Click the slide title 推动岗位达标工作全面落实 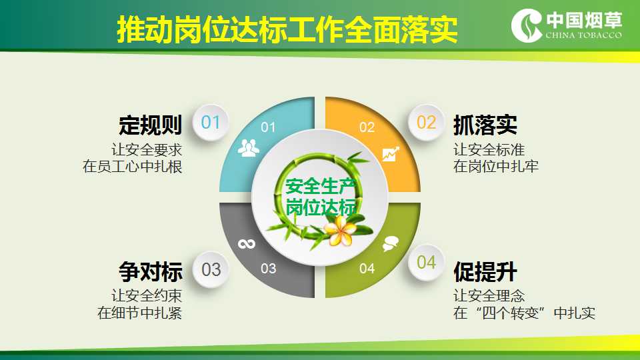pyautogui.click(x=287, y=29)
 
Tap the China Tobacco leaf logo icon pyautogui.click(x=527, y=25)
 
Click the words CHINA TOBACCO pyautogui.click(x=584, y=35)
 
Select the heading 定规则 pyautogui.click(x=150, y=125)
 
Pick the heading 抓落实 pyautogui.click(x=485, y=125)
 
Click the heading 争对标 pyautogui.click(x=150, y=271)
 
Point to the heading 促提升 pyautogui.click(x=485, y=271)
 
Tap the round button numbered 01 pyautogui.click(x=210, y=123)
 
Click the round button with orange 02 pyautogui.click(x=426, y=123)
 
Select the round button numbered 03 pyautogui.click(x=211, y=269)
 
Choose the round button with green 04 pyautogui.click(x=426, y=263)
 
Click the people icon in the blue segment pyautogui.click(x=248, y=148)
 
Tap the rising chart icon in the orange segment pyautogui.click(x=391, y=154)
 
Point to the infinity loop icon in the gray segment pyautogui.click(x=247, y=244)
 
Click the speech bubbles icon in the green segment pyautogui.click(x=390, y=244)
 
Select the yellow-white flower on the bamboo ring pyautogui.click(x=339, y=231)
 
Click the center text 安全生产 pyautogui.click(x=321, y=186)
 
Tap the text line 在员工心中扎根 pyautogui.click(x=132, y=167)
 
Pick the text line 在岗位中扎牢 pyautogui.click(x=496, y=167)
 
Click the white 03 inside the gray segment pyautogui.click(x=268, y=269)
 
